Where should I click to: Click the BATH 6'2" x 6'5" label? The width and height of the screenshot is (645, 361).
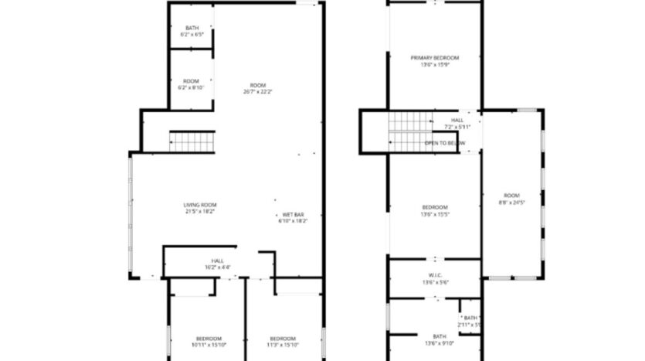(192, 32)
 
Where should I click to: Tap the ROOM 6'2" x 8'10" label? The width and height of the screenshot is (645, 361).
(192, 84)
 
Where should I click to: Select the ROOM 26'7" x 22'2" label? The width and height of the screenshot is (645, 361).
(257, 88)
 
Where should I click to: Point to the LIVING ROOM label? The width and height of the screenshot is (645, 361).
(199, 208)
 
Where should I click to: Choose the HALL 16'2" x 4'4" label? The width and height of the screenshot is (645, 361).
(217, 264)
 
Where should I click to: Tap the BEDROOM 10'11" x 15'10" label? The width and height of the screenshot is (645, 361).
(209, 342)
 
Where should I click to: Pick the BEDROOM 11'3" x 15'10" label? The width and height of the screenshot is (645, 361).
(283, 342)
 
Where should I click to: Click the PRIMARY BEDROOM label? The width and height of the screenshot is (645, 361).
(434, 61)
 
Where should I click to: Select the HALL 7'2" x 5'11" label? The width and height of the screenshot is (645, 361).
(458, 124)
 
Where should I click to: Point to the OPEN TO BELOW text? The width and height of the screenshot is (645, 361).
(446, 143)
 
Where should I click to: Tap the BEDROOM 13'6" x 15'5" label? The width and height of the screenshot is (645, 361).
(435, 210)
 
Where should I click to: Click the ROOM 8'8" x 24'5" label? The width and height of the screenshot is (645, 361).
(513, 199)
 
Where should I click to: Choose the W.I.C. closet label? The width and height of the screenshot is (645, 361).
(434, 279)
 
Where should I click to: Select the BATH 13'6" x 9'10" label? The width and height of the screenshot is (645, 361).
(439, 339)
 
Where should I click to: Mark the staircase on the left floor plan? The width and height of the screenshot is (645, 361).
(192, 141)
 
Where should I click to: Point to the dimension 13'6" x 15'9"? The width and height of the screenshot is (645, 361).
(434, 65)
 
